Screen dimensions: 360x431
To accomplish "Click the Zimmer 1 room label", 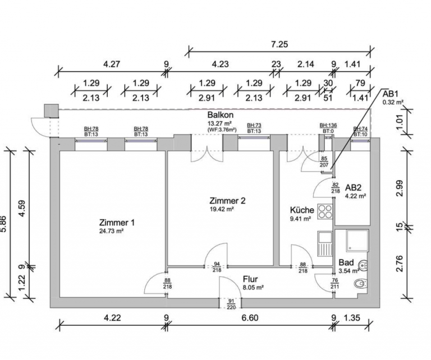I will click(116, 222).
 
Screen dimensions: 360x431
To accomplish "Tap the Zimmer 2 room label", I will click(227, 200).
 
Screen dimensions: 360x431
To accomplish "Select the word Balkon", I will click(220, 115).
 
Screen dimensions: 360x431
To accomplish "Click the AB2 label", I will click(355, 187).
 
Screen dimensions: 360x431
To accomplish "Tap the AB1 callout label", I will click(391, 94).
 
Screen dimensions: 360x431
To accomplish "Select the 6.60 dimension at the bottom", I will click(249, 319).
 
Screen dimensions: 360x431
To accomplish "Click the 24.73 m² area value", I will click(116, 231).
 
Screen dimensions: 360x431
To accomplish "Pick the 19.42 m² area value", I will click(222, 209).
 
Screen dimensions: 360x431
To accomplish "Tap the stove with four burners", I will click(325, 212).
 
